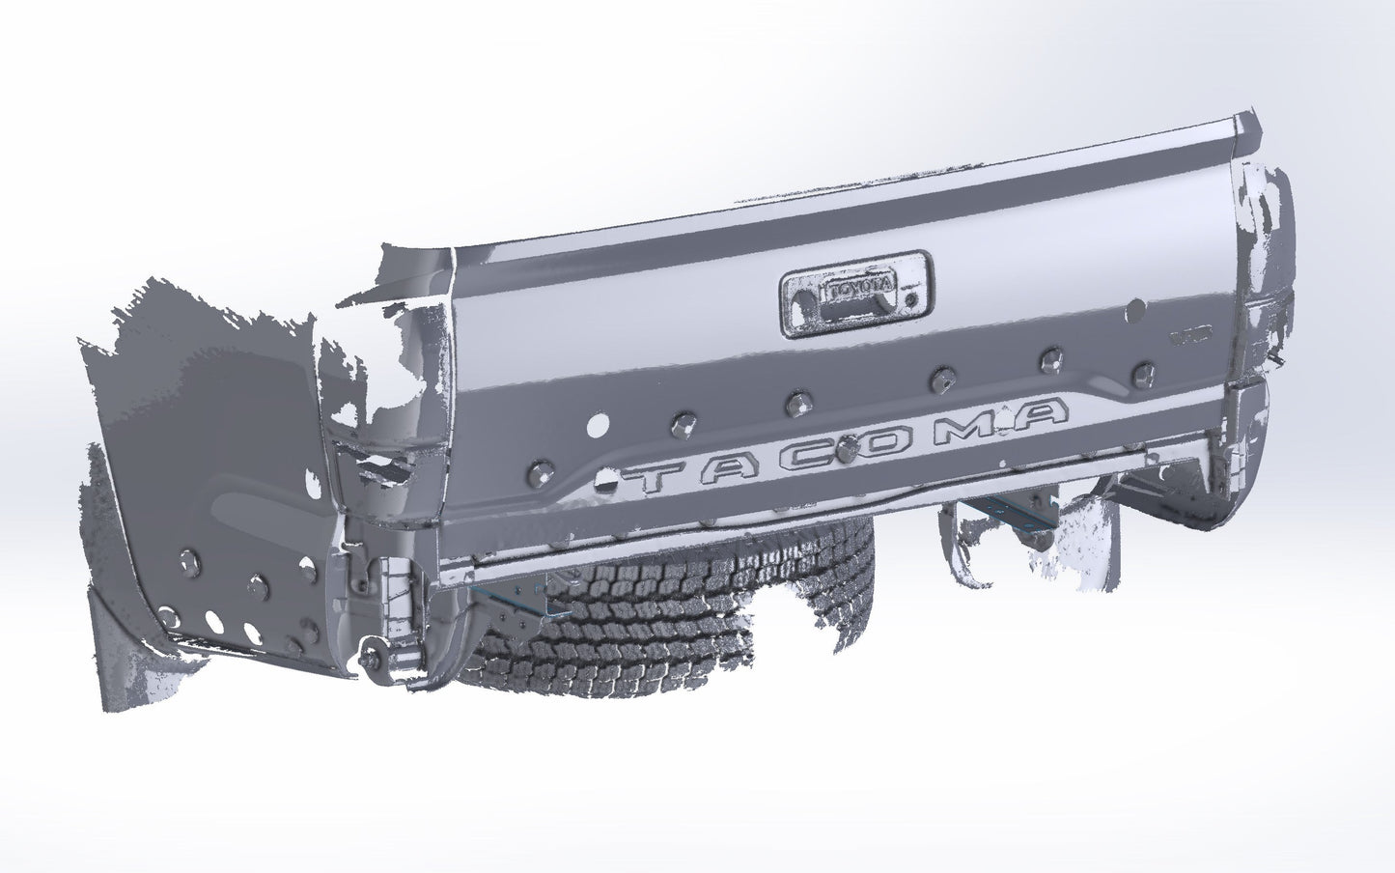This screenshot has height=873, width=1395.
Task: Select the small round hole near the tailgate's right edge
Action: (1136, 308)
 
